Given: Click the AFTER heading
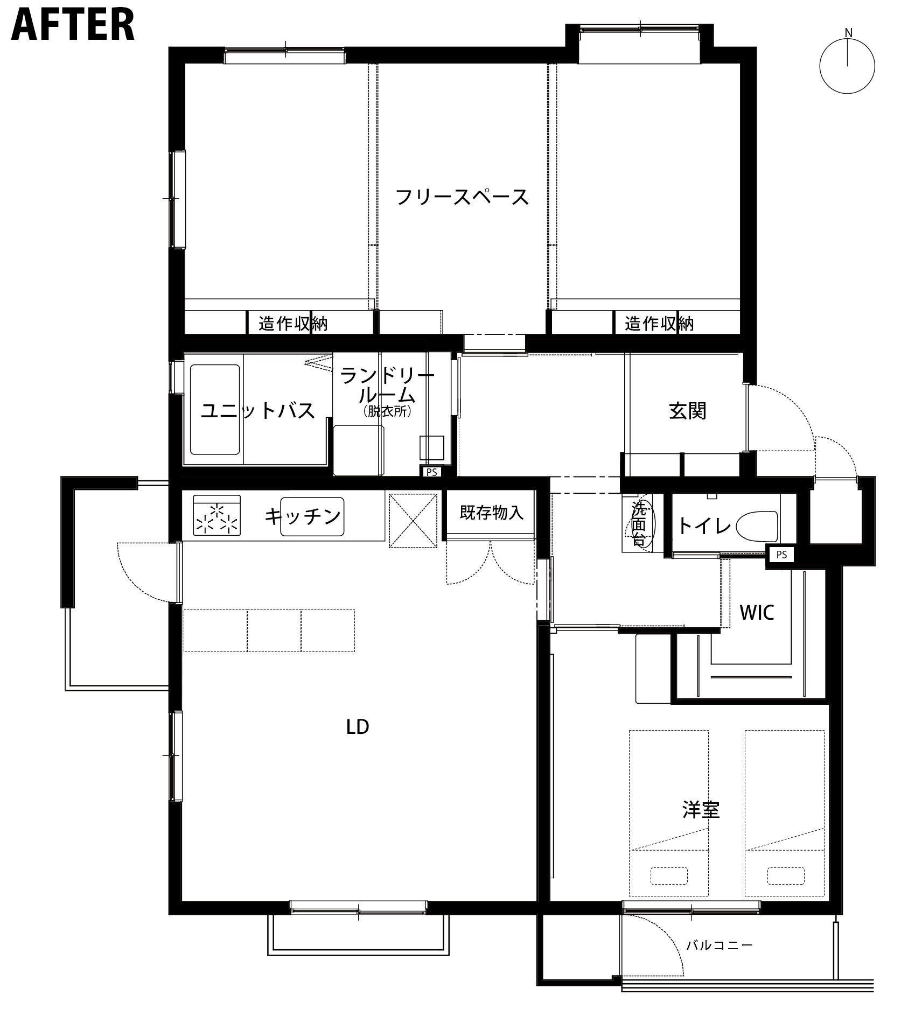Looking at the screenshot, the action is pyautogui.click(x=73, y=24).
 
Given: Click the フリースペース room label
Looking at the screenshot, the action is pyautogui.click(x=462, y=197).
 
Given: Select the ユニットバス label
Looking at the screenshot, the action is pyautogui.click(x=257, y=410).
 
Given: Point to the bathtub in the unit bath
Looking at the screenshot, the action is pyautogui.click(x=215, y=410).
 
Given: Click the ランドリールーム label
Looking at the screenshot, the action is pyautogui.click(x=387, y=386).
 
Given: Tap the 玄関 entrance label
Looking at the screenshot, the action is pyautogui.click(x=688, y=411).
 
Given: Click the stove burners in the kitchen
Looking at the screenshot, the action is pyautogui.click(x=216, y=517).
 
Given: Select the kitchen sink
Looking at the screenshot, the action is pyautogui.click(x=312, y=516).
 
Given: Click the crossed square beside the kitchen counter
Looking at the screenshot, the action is pyautogui.click(x=413, y=520).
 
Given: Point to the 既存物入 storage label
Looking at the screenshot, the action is pyautogui.click(x=491, y=512).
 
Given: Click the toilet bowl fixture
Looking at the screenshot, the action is pyautogui.click(x=757, y=526).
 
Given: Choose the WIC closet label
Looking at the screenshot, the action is pyautogui.click(x=757, y=613).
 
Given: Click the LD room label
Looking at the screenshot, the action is pyautogui.click(x=358, y=727).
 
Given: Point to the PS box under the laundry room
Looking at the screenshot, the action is pyautogui.click(x=431, y=472).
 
